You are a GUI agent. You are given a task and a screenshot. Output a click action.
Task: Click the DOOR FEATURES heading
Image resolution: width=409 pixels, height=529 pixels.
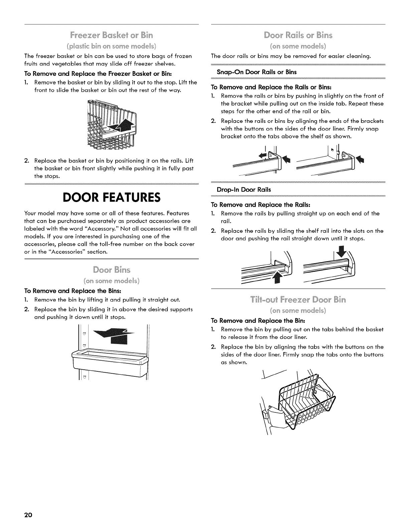click(x=112, y=198)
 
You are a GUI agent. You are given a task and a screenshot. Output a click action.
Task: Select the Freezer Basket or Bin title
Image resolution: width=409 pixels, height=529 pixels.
click(x=112, y=35)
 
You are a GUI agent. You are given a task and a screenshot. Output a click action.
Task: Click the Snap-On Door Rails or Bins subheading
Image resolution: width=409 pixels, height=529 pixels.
click(x=257, y=72)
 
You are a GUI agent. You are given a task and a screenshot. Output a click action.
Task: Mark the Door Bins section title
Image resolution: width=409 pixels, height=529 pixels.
click(x=112, y=270)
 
